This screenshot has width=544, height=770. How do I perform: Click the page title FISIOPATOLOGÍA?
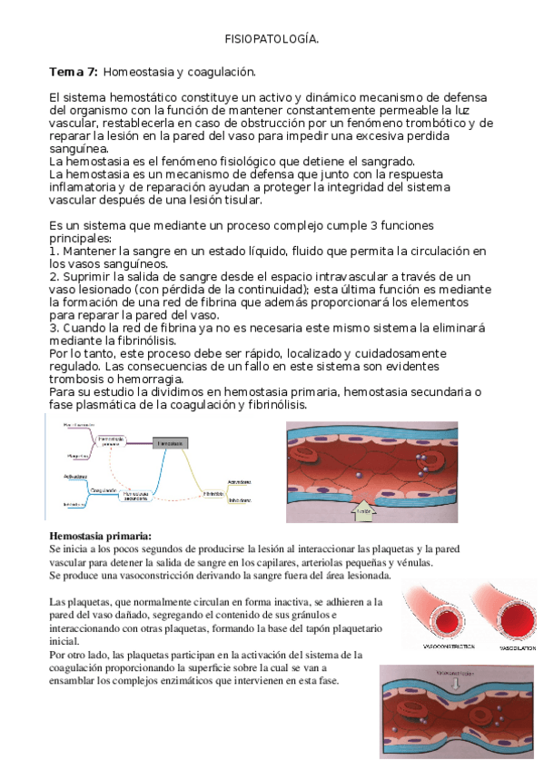[272, 39]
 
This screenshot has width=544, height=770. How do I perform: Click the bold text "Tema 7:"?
[74, 71]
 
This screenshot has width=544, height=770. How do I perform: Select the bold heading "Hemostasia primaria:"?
[100, 536]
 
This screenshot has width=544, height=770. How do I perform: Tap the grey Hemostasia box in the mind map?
[172, 442]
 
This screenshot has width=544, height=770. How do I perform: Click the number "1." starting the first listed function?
[54, 250]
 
